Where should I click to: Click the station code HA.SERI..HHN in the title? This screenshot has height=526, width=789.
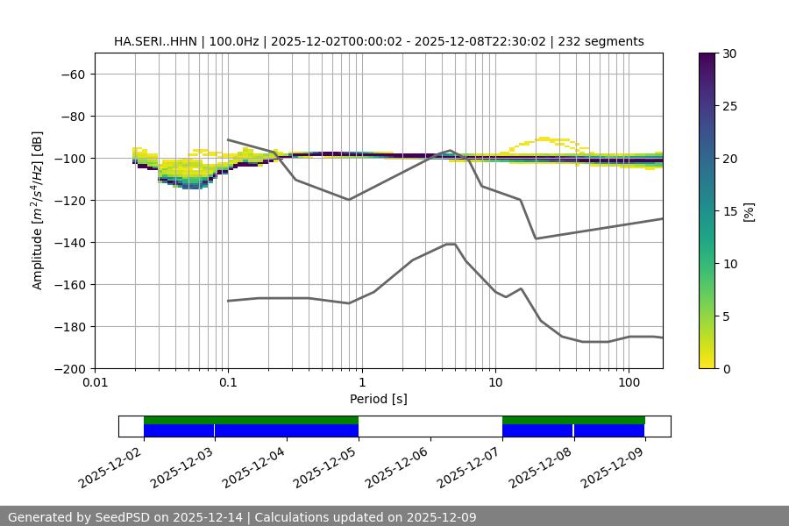[152, 41]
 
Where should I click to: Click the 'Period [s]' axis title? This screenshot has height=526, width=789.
[378, 399]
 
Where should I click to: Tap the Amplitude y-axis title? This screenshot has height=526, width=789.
[38, 210]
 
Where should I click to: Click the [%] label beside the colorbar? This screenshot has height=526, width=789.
[748, 211]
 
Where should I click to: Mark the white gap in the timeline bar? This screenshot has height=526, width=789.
[430, 426]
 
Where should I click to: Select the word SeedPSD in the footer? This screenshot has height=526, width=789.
[124, 517]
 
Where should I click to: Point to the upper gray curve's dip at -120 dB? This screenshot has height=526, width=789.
[349, 200]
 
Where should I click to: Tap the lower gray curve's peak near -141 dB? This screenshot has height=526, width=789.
[451, 244]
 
